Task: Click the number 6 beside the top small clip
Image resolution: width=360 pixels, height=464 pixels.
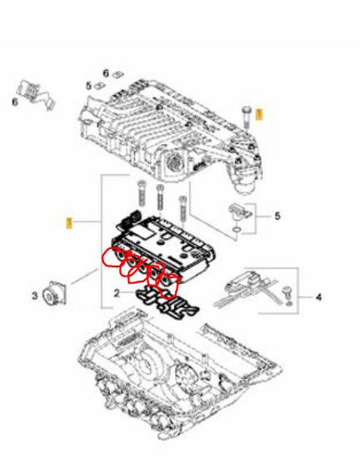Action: coord(106,72)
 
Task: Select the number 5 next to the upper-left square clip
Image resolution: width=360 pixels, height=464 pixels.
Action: coord(89,86)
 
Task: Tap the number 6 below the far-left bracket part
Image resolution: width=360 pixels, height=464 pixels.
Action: coord(15,102)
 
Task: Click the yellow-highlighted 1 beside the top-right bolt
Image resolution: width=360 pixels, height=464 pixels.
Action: coord(259,113)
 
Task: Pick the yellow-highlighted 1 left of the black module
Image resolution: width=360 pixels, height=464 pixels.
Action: coord(69,222)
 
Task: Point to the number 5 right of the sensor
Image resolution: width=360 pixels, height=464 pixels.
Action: coord(277,216)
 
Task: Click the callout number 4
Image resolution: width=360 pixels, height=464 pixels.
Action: coord(318,297)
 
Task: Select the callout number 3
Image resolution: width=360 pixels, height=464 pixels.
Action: coord(35,296)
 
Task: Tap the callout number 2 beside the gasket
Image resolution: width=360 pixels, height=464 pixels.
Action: coord(117,293)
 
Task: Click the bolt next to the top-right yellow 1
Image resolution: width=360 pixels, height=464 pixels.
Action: coord(246,117)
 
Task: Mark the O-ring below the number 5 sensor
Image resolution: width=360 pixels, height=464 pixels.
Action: coord(236,229)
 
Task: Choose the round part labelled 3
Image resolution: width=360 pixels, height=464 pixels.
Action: coord(54,293)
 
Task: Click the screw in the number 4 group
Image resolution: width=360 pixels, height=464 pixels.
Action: coord(287,295)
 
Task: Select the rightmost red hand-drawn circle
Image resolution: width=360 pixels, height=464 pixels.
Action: coord(167,285)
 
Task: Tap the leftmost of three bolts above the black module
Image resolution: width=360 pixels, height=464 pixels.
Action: coord(142,193)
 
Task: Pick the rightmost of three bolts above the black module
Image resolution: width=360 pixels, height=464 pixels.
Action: coord(182,210)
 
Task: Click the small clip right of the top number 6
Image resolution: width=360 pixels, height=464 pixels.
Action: coord(117,73)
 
